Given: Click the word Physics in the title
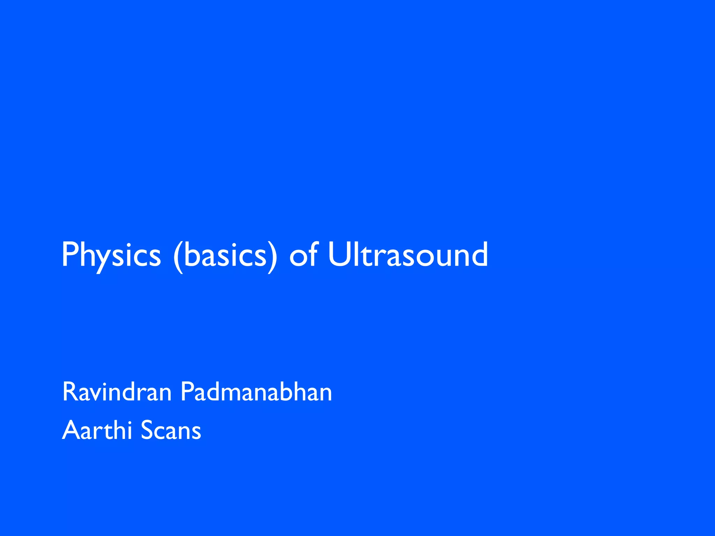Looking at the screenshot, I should click(x=111, y=255).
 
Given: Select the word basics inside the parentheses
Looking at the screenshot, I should click(x=225, y=255).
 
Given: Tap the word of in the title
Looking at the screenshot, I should click(x=303, y=255).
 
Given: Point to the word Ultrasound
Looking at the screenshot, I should click(x=408, y=255).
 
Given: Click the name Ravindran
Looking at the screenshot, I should click(x=117, y=392).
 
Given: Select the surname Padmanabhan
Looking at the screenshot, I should click(x=256, y=392).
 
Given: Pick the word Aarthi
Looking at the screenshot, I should click(x=97, y=430).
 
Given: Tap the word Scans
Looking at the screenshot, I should click(x=171, y=430).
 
